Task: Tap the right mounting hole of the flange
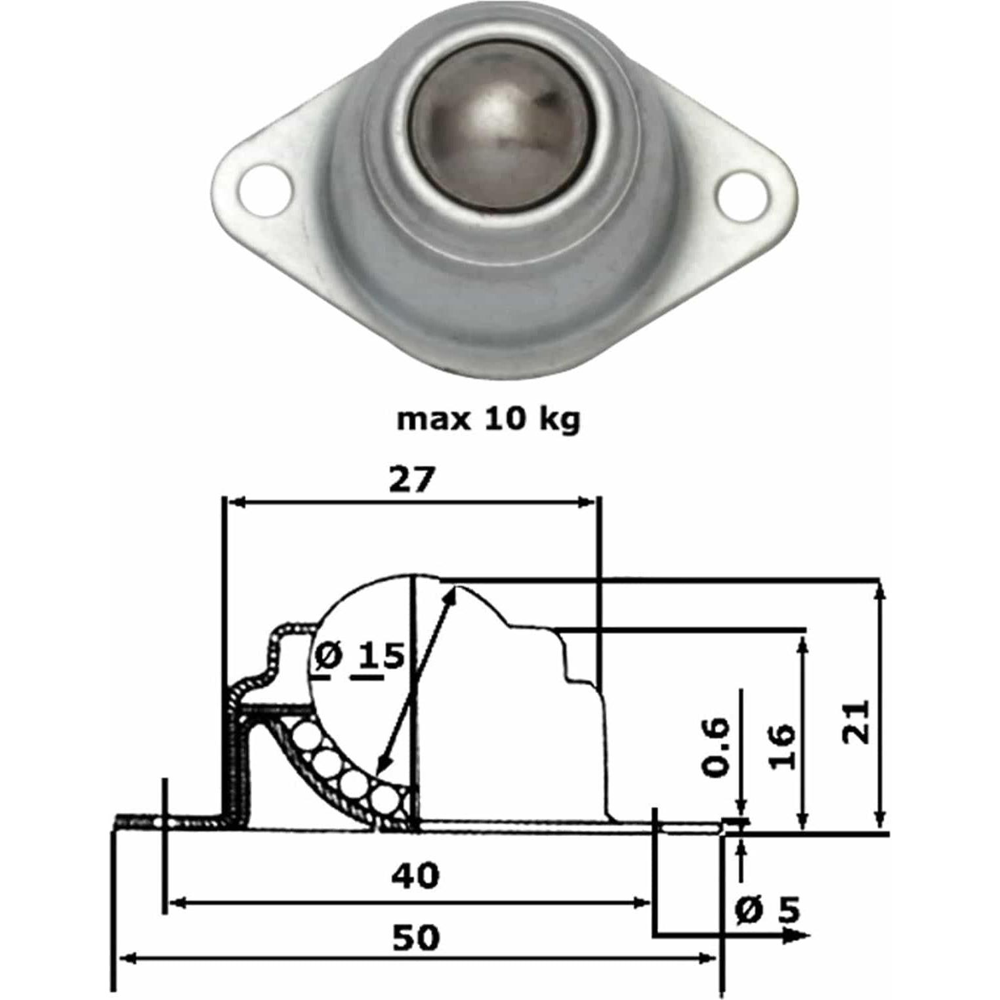tap(743, 195)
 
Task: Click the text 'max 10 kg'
tap(489, 419)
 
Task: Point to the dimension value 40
tap(415, 875)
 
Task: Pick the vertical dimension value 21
tap(856, 722)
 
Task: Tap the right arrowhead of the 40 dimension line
tap(641, 904)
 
